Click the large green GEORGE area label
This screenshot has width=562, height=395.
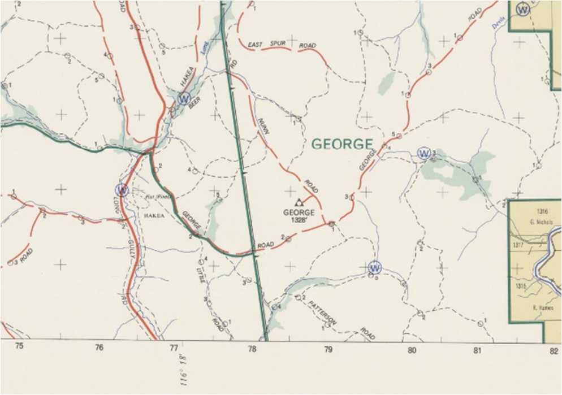(343, 144)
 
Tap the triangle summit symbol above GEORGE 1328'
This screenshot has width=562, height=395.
(299, 202)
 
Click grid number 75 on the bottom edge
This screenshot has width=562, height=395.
(19, 346)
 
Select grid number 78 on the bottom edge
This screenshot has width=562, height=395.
(252, 349)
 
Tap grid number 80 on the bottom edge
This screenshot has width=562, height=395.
(412, 350)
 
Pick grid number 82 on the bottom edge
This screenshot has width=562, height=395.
(554, 351)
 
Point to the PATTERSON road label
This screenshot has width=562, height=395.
(323, 313)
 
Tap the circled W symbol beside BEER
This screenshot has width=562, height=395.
(183, 98)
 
